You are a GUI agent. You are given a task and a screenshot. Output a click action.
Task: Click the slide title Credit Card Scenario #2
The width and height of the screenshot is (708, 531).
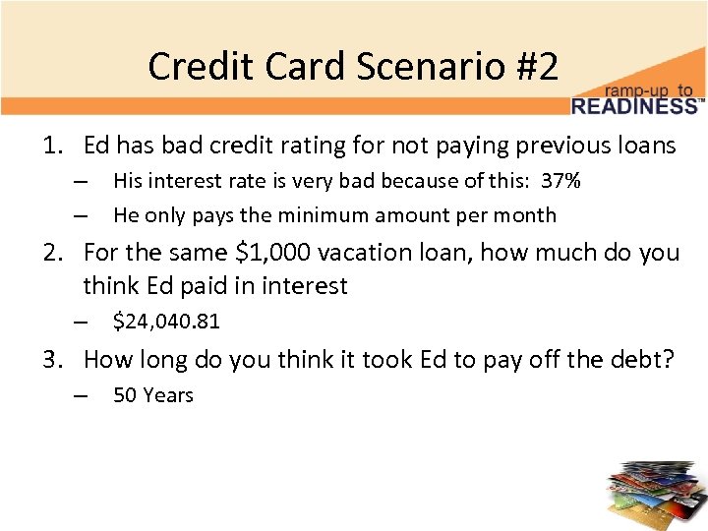click(353, 67)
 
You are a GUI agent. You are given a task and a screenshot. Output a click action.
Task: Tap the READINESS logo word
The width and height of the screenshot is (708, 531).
click(634, 105)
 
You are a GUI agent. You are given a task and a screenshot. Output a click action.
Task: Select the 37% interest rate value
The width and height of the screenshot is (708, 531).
click(560, 181)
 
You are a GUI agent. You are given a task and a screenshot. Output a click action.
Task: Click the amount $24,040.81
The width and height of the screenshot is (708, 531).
click(166, 321)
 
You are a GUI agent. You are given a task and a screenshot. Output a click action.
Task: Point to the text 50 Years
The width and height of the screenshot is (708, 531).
click(153, 395)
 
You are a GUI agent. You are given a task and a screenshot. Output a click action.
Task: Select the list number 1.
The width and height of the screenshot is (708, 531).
click(51, 147)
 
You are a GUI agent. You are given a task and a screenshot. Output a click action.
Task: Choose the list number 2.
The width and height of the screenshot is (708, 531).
click(51, 253)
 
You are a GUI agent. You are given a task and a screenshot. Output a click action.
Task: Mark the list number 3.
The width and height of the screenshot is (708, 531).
click(51, 359)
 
